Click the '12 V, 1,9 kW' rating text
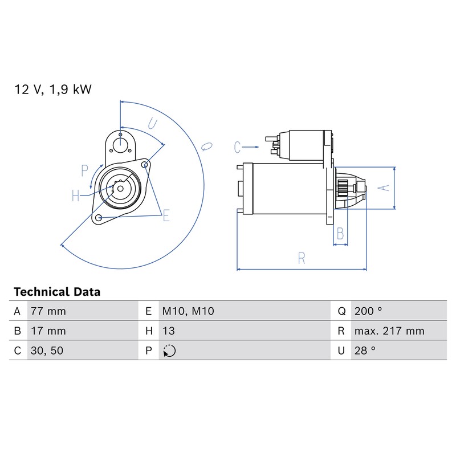[x=53, y=89]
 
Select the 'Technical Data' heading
[x=57, y=292]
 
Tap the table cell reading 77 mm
[x=48, y=311]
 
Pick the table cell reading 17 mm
[x=48, y=331]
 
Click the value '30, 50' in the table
[x=47, y=351]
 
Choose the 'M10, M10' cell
[x=188, y=311]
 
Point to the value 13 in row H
[x=168, y=331]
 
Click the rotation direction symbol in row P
[x=169, y=351]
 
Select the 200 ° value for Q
[x=368, y=311]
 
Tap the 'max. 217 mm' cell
[x=389, y=331]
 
